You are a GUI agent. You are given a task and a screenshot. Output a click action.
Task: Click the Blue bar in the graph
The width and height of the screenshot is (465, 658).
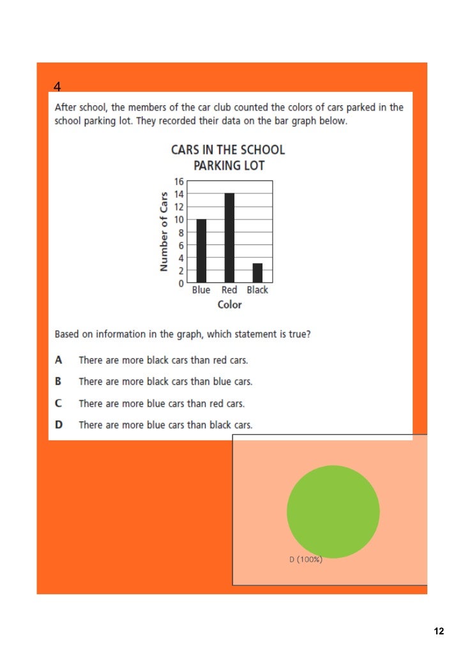[201, 250]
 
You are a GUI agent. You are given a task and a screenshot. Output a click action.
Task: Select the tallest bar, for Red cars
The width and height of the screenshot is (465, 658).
[229, 237]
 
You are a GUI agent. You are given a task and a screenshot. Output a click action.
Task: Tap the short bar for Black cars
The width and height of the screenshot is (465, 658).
[257, 273]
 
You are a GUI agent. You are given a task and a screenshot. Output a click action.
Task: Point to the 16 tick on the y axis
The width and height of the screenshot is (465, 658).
[179, 181]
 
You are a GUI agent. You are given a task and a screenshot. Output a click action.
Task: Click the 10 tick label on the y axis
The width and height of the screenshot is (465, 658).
[179, 220]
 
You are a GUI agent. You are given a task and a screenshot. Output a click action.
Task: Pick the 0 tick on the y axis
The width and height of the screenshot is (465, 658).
[181, 283]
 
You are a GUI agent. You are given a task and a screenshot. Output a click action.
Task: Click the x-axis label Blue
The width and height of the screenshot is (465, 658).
[201, 290]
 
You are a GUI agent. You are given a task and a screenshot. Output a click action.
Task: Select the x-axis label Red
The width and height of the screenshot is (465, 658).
[229, 290]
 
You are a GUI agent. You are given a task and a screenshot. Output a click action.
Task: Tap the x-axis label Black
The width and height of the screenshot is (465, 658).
[257, 290]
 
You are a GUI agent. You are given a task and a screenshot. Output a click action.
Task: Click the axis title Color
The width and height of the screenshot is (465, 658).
[230, 305]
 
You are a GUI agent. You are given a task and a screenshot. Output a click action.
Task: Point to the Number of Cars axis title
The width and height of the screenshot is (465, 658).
[164, 232]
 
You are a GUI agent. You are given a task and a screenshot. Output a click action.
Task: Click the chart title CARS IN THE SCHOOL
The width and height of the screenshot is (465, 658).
[228, 151]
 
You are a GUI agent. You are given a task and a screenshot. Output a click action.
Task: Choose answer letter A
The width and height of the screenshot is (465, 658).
[59, 360]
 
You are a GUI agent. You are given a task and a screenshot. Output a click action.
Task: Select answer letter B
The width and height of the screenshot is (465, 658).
[59, 382]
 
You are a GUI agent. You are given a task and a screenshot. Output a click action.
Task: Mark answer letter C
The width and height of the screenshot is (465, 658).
[59, 403]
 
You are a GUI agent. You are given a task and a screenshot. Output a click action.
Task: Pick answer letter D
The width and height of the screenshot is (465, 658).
[59, 425]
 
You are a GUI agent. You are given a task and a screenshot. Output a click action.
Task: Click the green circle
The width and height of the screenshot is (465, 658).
[333, 511]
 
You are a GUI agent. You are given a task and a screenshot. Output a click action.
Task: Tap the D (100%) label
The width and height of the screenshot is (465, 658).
[306, 560]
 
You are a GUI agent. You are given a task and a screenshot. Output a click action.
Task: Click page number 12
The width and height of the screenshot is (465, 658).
[438, 631]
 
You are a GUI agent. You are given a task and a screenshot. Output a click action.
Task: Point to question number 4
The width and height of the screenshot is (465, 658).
[57, 86]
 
